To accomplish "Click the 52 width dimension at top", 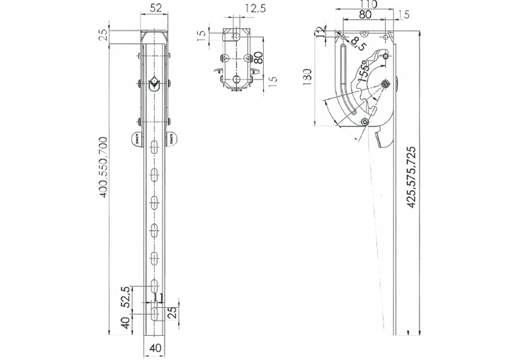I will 155,8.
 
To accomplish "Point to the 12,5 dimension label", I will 256,8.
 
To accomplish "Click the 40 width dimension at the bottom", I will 155,348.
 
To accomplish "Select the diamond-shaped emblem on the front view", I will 154,84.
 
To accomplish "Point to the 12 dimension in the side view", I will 320,31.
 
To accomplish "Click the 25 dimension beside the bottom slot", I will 171,313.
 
